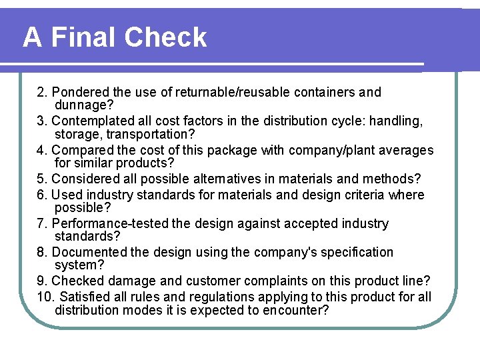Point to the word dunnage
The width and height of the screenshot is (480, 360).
click(83, 105)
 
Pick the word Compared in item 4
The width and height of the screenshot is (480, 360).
click(81, 151)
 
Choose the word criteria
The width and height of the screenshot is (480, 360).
click(367, 195)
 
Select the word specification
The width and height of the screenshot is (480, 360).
click(355, 253)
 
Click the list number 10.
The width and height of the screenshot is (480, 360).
click(45, 297)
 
